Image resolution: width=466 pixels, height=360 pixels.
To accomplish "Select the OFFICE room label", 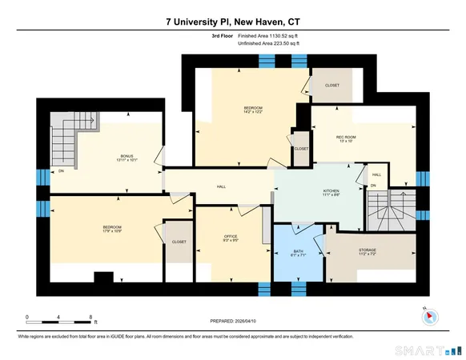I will point(231,238).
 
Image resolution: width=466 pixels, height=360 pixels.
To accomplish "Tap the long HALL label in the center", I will point(222,186).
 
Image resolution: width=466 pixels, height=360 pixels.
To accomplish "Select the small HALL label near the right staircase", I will point(376,174).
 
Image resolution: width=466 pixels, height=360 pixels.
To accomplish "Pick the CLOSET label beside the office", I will point(179,241).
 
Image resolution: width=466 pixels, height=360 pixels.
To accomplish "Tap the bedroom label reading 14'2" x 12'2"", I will point(253,110).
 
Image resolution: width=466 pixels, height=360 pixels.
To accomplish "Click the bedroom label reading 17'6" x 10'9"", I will point(111,229).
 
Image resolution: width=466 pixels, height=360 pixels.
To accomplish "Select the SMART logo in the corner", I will point(430,350).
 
